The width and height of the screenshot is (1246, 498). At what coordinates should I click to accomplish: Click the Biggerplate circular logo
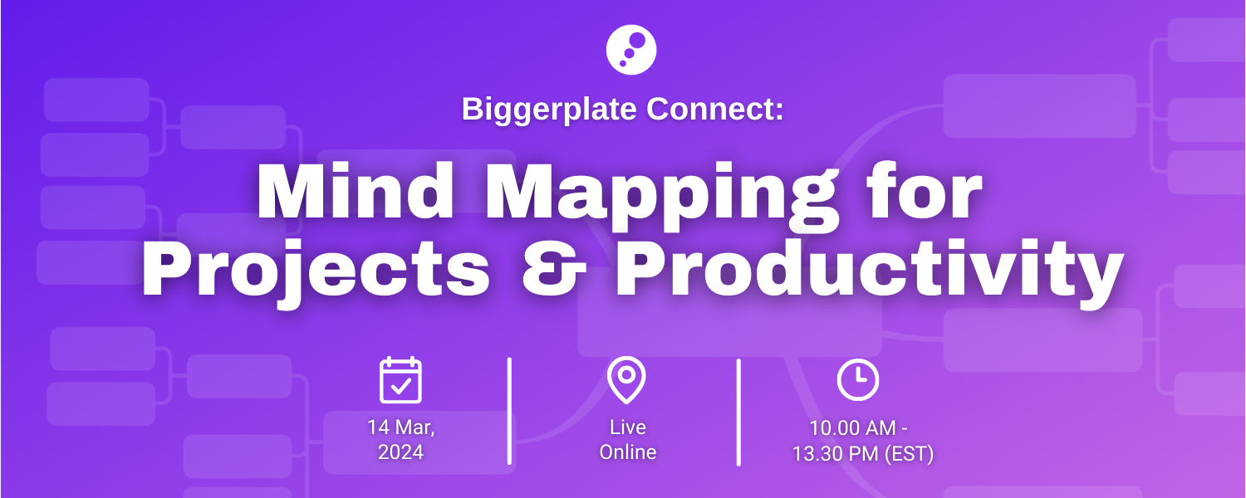coord(630,50)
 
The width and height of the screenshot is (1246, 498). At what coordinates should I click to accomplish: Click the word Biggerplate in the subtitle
coord(549,110)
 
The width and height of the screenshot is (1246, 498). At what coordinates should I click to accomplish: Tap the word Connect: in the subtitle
coord(714,109)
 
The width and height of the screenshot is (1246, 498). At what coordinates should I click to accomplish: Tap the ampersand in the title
coord(554,269)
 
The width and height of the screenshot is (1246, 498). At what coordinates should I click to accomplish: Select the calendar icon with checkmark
coord(400,380)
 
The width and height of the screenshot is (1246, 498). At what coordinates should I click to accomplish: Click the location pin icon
coord(626,379)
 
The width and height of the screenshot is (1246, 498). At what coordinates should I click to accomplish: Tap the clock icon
coord(858,379)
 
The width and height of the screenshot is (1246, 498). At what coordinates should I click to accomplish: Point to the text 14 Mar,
coord(401,427)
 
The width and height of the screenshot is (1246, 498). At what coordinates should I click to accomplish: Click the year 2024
coord(400,452)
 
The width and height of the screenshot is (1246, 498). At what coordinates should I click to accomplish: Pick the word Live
coord(628,427)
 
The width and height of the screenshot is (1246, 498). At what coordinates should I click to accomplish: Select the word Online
coord(628,452)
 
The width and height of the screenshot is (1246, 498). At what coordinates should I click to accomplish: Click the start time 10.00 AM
coord(853,428)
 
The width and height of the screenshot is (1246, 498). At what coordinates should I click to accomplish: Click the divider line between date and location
coord(509,412)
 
